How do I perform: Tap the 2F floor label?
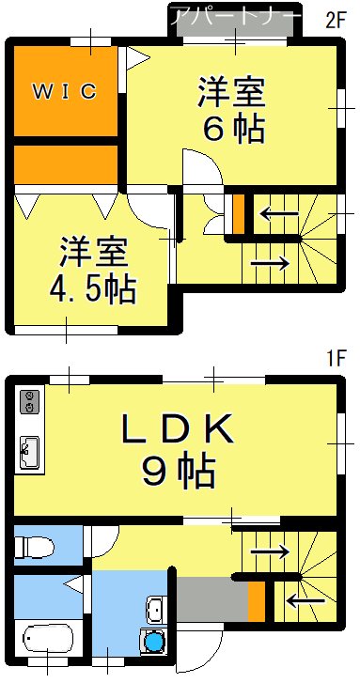click(337, 19)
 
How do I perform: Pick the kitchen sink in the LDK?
click(28, 452)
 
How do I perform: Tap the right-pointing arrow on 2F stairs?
click(271, 262)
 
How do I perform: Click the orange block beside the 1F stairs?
click(256, 601)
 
